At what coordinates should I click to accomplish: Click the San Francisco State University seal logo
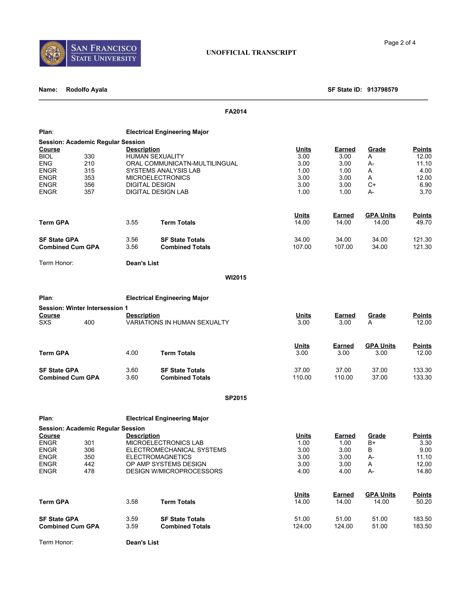pos(53,53)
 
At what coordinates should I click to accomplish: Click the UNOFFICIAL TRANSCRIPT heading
pos(251,53)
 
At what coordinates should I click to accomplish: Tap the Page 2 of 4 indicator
pos(400,43)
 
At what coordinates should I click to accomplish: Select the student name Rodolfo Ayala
pos(86,90)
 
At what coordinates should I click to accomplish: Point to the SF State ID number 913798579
pos(382,90)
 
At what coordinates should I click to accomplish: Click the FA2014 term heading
pos(235,112)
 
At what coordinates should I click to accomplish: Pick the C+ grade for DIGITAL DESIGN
pos(372,185)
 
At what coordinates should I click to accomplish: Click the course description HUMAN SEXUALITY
pos(155,156)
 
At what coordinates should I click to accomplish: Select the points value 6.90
pos(425,185)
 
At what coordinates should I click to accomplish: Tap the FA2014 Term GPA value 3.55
pos(132,222)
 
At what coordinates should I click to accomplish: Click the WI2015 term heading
pos(235,278)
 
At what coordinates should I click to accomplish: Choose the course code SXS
pos(45,322)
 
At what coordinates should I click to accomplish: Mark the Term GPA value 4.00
pos(132,353)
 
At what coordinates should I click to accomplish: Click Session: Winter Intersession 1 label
pos(83,308)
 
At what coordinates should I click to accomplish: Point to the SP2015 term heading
pos(235,398)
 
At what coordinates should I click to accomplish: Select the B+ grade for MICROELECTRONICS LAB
pos(372,443)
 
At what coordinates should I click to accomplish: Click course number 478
pos(89,471)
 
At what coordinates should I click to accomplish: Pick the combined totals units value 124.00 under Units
pos(302,526)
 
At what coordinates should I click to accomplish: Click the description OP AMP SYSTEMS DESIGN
pos(166,464)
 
